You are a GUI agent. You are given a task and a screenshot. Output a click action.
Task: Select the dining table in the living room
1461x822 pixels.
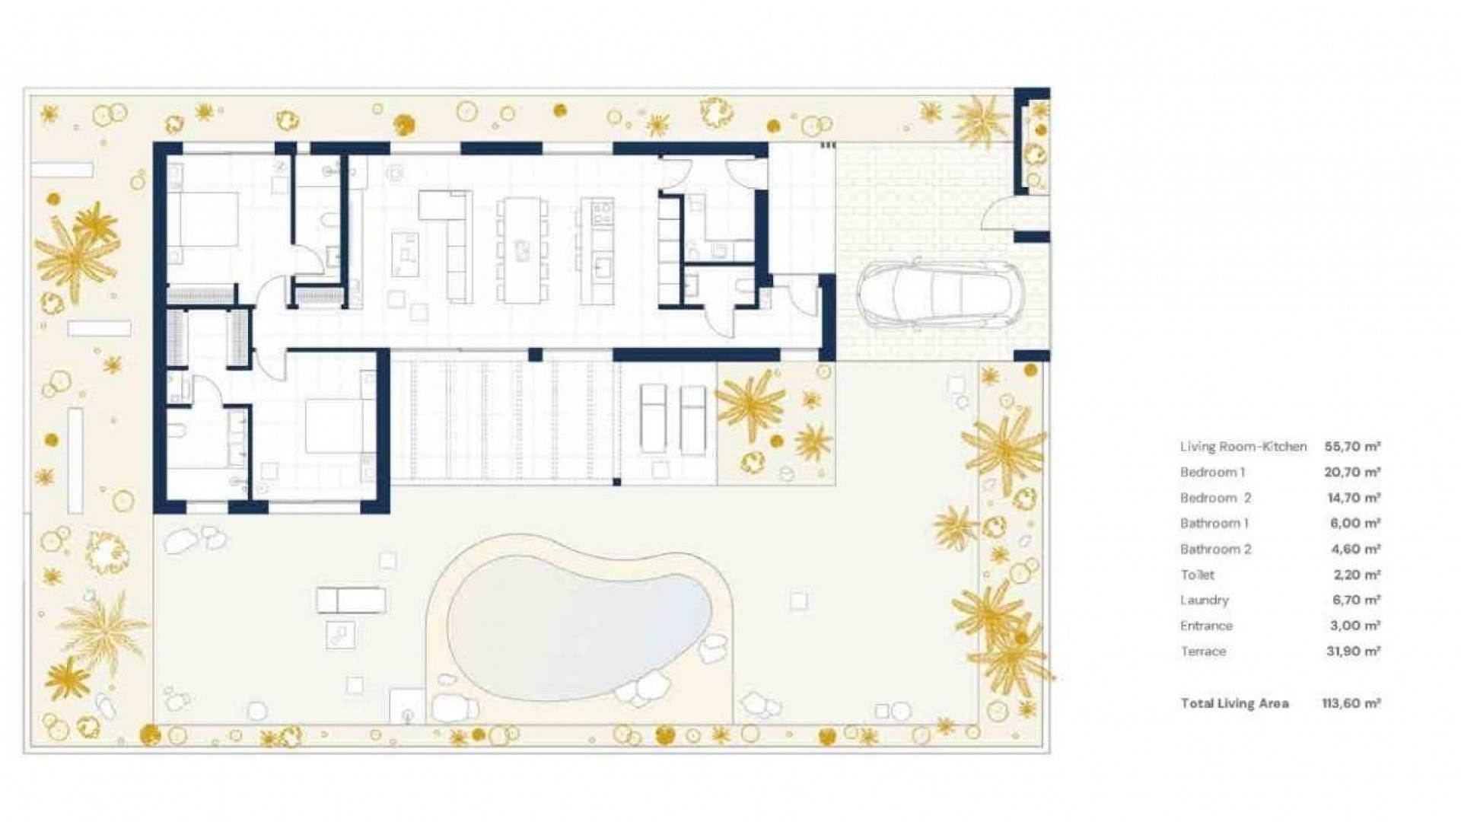tap(522, 250)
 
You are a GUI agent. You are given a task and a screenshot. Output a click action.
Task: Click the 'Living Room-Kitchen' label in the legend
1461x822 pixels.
tap(1243, 447)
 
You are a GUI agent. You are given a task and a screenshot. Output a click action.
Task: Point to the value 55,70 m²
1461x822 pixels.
tap(1352, 447)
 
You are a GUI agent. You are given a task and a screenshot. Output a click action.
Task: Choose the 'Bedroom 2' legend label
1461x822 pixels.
tap(1215, 498)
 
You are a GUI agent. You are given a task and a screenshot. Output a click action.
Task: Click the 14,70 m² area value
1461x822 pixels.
tap(1352, 498)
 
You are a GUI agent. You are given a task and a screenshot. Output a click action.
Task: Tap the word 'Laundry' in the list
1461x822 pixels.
tap(1204, 600)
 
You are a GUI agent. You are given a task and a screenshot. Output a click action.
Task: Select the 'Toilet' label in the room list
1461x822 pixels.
tap(1197, 575)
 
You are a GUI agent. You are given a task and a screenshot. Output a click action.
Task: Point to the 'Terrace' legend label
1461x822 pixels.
tap(1203, 652)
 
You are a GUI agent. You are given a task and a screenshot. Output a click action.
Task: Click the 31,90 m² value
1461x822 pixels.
tap(1352, 652)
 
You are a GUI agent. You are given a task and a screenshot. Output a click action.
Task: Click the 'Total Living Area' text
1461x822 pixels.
tap(1234, 703)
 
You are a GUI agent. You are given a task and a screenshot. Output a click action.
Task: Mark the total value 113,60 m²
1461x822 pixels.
tap(1351, 703)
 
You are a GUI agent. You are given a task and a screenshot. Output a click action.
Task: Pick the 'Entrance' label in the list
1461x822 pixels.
tap(1206, 626)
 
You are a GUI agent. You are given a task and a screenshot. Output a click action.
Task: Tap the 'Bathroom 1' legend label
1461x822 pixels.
tap(1214, 524)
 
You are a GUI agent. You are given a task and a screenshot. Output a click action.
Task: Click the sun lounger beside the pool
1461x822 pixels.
tap(351, 601)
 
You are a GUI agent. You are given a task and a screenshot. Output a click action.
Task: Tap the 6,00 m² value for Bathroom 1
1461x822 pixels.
tap(1352, 524)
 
